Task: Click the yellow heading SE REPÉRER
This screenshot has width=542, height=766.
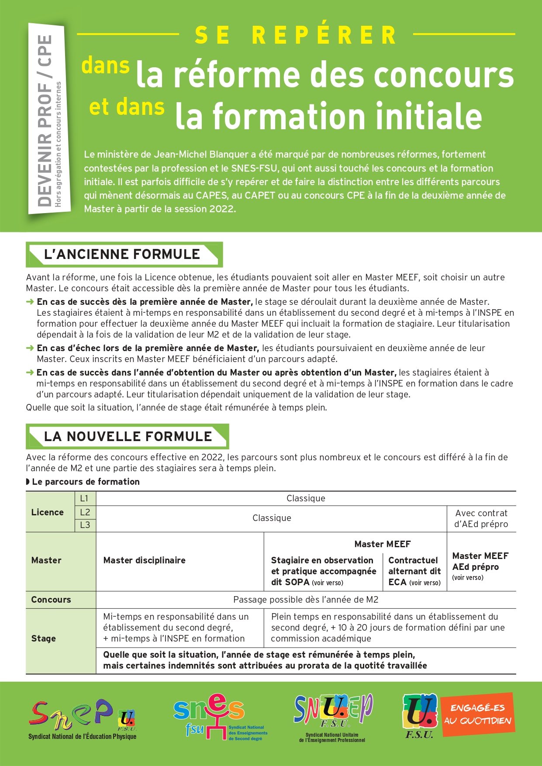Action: tap(296, 35)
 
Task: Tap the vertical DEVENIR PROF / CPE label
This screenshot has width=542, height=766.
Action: tap(46, 120)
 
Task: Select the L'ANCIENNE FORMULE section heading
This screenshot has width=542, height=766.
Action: tap(122, 254)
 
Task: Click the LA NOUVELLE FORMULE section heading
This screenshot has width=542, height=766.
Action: tap(128, 436)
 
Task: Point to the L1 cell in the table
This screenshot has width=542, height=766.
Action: tap(85, 498)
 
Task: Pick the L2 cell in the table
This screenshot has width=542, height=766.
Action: tap(85, 512)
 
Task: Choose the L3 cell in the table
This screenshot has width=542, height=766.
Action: tap(85, 525)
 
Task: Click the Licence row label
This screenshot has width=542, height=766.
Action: tap(48, 512)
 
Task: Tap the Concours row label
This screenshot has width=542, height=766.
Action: tap(51, 600)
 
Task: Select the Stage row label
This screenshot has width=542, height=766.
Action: tap(44, 638)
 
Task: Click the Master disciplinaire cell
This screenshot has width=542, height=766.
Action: tap(145, 560)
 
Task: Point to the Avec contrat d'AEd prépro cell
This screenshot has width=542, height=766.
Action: tap(481, 518)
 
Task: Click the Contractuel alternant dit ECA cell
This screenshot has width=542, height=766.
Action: tap(414, 571)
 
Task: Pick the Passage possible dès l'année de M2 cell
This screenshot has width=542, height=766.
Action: tap(306, 600)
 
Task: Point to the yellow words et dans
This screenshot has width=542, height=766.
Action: tap(127, 107)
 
